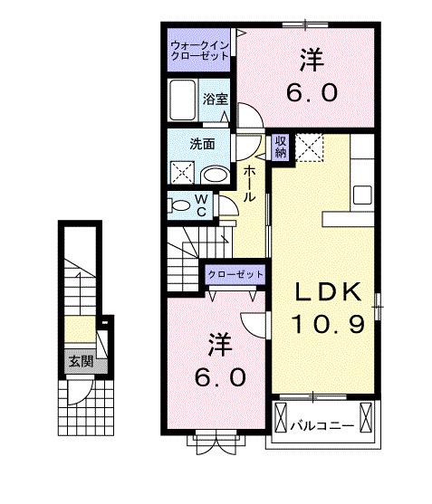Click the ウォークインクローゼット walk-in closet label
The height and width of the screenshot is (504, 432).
click(x=199, y=51)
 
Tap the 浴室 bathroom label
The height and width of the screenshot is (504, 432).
click(x=215, y=100)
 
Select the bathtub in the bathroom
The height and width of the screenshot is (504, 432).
click(x=182, y=100)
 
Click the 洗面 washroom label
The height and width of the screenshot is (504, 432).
click(x=202, y=144)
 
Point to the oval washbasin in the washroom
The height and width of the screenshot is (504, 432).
click(x=215, y=176)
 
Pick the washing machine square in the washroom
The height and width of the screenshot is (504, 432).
click(x=182, y=173)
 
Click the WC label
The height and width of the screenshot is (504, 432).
click(x=201, y=205)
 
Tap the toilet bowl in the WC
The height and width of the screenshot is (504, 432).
click(x=178, y=205)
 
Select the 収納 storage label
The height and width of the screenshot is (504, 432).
click(x=281, y=147)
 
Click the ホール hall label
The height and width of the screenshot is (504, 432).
click(x=249, y=184)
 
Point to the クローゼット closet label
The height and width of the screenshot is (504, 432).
click(x=235, y=274)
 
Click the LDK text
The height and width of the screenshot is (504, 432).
click(x=328, y=291)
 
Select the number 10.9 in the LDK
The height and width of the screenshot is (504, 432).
click(x=328, y=323)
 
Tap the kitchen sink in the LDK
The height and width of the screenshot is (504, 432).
click(x=362, y=195)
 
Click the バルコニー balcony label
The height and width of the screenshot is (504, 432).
click(x=322, y=426)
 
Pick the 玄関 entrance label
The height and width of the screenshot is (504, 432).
click(x=82, y=362)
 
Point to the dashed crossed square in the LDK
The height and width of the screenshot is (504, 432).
click(x=309, y=147)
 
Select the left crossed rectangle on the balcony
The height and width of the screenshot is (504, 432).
click(x=281, y=417)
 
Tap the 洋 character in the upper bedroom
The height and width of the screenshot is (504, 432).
click(x=312, y=60)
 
